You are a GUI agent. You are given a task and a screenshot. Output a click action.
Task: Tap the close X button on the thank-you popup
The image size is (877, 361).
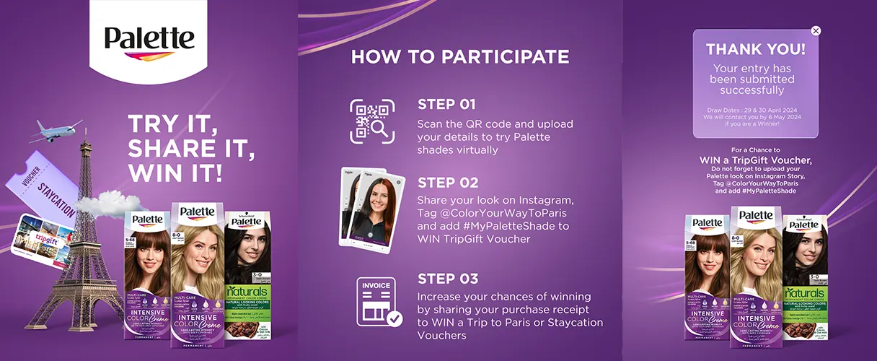[816, 31]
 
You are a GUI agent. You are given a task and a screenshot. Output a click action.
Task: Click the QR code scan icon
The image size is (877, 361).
[373, 120]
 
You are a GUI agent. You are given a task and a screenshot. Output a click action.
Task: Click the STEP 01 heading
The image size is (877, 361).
[446, 105]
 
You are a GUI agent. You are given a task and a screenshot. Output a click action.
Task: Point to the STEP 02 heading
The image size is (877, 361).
[448, 183]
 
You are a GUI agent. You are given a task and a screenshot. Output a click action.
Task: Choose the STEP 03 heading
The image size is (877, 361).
[448, 279]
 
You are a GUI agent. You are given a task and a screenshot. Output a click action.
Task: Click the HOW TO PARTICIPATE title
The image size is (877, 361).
[460, 57]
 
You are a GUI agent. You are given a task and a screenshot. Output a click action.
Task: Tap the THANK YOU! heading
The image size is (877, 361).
[755, 50]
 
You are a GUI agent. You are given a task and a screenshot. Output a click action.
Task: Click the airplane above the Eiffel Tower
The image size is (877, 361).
[56, 131]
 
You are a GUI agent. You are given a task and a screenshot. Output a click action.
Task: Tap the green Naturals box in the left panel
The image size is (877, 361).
[249, 274]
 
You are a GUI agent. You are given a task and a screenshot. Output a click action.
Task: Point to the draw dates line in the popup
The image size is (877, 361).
[754, 110]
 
